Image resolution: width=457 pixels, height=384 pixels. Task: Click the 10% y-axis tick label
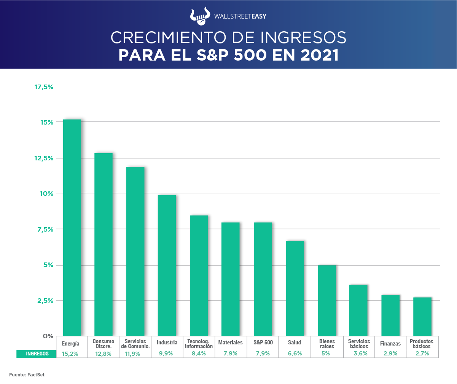[47, 194]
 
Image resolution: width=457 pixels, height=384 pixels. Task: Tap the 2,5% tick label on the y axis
[45, 301]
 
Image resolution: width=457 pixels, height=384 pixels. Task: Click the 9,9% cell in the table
[167, 354]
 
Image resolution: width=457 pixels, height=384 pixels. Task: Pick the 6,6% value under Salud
[295, 354]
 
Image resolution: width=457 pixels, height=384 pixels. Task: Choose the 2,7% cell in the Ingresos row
[422, 354]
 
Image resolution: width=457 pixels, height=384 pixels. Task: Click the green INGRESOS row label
[37, 354]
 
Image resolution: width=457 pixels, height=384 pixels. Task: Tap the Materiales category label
[230, 343]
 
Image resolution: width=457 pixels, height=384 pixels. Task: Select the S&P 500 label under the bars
[263, 343]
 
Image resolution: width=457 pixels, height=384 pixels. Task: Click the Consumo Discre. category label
[104, 344]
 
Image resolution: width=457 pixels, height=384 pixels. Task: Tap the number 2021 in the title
[319, 55]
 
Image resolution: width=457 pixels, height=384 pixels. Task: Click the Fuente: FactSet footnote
[27, 375]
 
